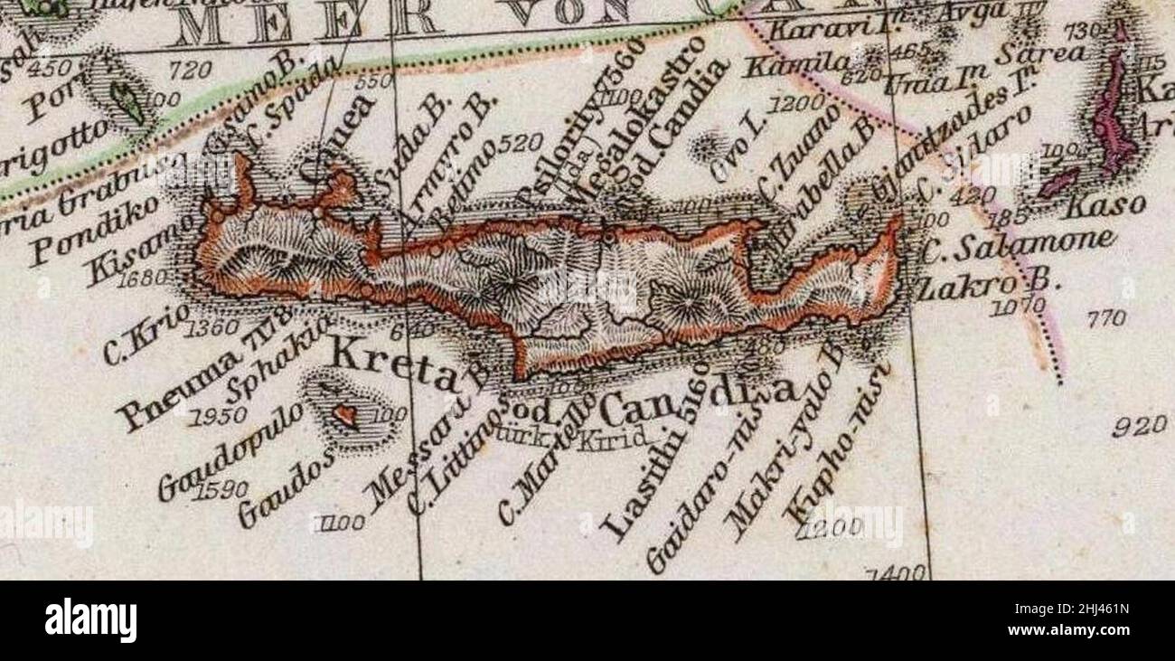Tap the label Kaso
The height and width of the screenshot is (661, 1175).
tap(1094, 206)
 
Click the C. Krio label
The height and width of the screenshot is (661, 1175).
tap(144, 334)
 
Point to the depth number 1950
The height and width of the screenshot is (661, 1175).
tap(219, 417)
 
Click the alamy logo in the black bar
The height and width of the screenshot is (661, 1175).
tap(91, 620)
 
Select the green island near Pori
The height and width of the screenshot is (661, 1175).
tap(126, 101)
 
